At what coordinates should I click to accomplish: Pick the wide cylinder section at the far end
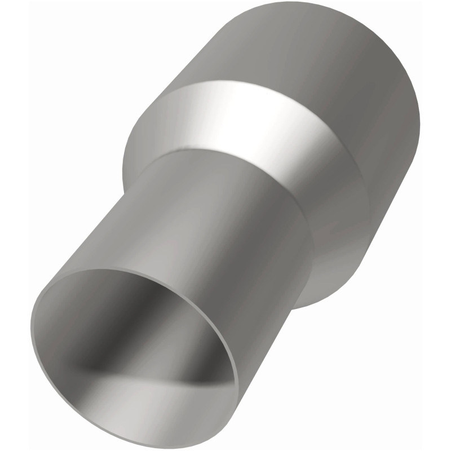(316, 62)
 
